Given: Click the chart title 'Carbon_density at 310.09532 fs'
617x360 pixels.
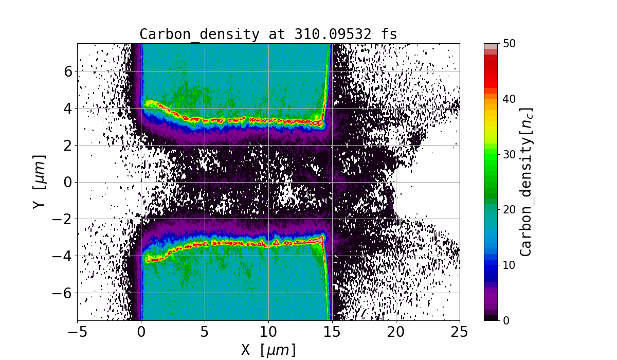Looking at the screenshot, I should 268,34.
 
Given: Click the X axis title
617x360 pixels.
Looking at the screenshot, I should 268,350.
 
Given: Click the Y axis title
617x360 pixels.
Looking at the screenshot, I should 40,182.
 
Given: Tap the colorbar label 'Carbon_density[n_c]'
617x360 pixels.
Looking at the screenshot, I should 525,182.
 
